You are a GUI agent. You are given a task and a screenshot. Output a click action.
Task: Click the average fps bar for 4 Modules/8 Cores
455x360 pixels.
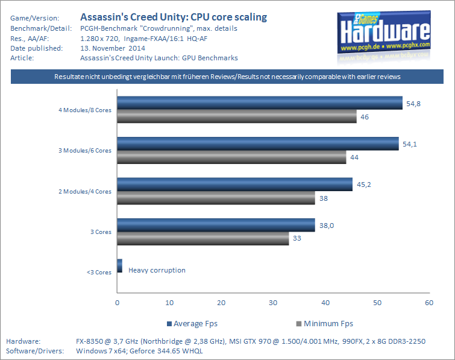pos(260,103)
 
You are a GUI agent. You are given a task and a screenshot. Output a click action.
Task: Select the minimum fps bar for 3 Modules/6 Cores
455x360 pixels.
pos(231,157)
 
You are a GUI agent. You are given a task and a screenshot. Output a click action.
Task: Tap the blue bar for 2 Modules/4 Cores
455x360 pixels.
pos(235,185)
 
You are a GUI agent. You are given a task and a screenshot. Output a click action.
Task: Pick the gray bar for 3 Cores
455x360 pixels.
pos(203,238)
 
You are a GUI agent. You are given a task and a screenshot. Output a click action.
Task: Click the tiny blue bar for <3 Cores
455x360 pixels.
pos(119,266)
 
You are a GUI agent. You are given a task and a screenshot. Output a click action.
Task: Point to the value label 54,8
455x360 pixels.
pos(413,104)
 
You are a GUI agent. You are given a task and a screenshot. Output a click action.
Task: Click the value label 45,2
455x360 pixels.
pos(363,185)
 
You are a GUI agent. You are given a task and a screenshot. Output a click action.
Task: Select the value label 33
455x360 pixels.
pos(297,238)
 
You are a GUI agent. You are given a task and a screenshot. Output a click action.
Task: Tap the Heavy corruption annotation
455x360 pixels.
pos(157,270)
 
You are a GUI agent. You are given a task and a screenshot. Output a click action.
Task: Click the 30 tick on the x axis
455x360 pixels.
pos(273,303)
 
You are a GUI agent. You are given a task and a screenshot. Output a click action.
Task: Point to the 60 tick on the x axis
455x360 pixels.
pos(429,303)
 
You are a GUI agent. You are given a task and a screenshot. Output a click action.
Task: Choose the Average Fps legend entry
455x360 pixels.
pos(192,324)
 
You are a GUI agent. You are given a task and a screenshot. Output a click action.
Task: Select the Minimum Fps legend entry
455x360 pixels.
pos(324,324)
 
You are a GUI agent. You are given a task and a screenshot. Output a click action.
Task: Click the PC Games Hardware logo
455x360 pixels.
pos(384,36)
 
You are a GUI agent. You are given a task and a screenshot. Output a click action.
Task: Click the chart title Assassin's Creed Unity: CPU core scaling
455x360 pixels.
pos(174,17)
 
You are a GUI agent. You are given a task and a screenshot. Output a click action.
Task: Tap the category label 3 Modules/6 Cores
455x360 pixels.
pos(85,150)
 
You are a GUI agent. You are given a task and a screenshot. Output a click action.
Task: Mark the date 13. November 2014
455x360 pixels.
pos(113,48)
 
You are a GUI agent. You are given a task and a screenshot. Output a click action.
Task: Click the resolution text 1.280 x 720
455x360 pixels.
pos(99,39)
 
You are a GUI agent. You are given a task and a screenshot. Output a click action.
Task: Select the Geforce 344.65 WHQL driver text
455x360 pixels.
pos(166,351)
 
